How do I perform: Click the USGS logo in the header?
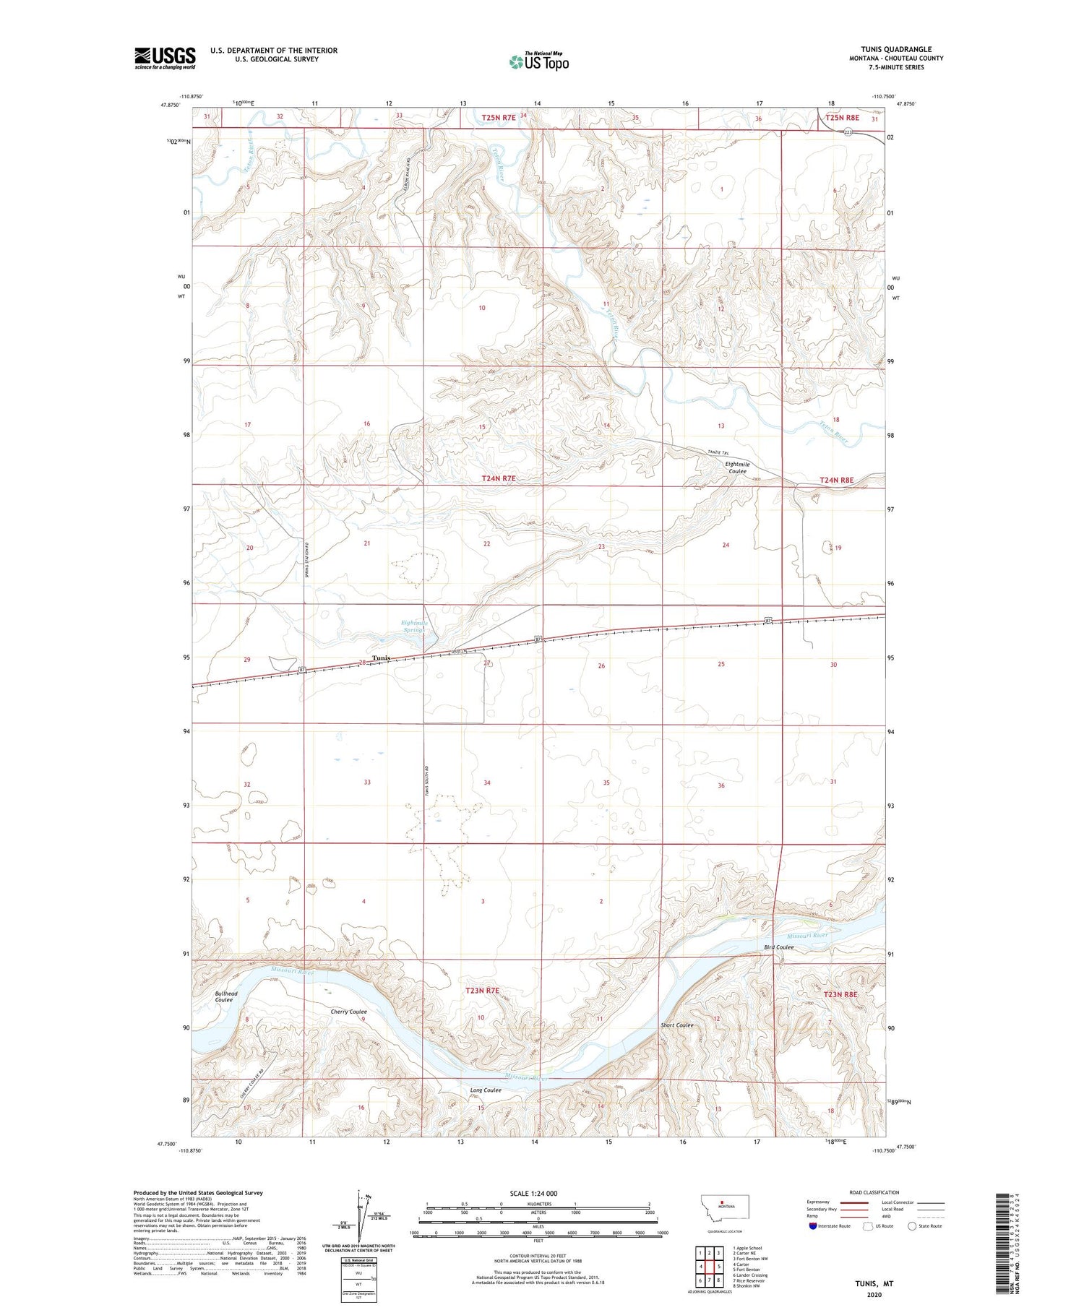point(165,58)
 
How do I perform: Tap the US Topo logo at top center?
point(538,61)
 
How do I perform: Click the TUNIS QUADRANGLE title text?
point(896,49)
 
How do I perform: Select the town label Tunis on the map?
point(382,658)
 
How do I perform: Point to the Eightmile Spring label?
point(414,626)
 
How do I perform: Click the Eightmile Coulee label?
point(737,468)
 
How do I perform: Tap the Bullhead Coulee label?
point(225,997)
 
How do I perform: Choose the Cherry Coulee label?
point(349,1012)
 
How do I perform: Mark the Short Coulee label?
point(677,1025)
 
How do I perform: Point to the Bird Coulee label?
point(779,947)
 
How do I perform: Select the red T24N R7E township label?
point(499,479)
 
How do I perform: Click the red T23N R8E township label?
point(840,995)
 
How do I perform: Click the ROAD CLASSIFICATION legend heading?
point(874,1192)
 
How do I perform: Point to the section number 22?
point(487,544)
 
